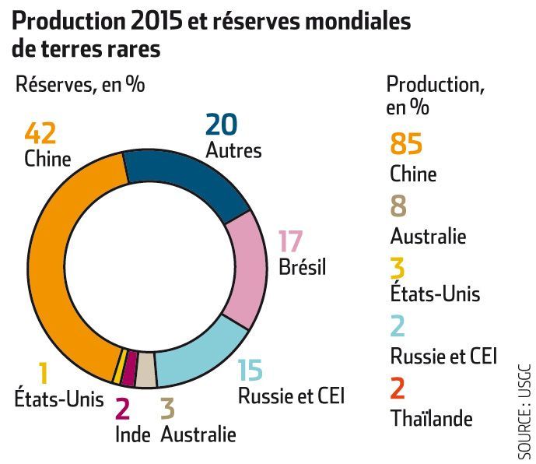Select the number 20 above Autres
click(x=221, y=124)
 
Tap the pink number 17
click(x=290, y=242)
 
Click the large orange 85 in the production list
click(x=405, y=145)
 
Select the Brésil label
click(x=302, y=269)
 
